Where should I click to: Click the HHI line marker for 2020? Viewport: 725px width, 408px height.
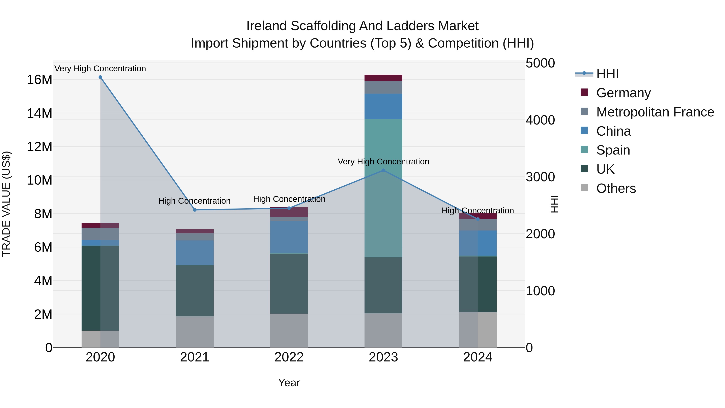tap(100, 77)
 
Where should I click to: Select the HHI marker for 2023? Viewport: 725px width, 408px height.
tap(383, 170)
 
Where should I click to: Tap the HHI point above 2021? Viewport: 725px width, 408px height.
tap(195, 210)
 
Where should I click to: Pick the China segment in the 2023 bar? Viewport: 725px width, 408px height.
tap(383, 106)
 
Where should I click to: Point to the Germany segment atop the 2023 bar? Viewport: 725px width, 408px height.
tap(383, 78)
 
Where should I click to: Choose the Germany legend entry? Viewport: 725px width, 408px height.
tap(623, 93)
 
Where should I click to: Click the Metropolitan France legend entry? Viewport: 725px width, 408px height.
tap(655, 112)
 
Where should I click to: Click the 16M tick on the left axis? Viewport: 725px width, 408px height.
tap(39, 80)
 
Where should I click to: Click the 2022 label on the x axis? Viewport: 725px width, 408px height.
tap(289, 357)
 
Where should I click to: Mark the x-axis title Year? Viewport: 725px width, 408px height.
tap(289, 383)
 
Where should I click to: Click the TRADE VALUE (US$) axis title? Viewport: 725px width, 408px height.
tap(6, 204)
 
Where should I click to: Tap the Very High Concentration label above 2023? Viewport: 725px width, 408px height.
tap(383, 162)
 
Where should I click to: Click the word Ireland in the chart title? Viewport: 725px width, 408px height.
tap(266, 26)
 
